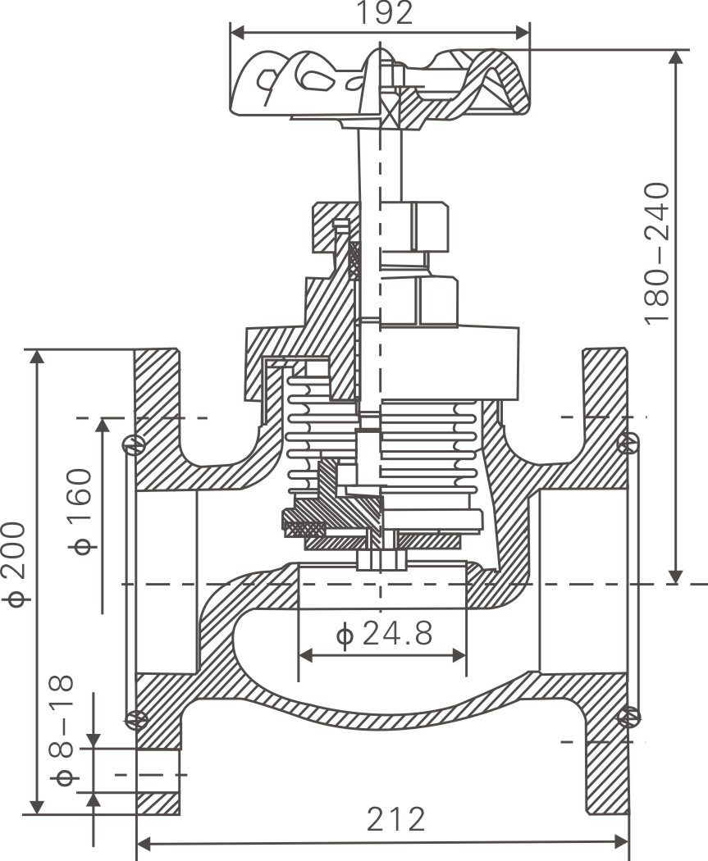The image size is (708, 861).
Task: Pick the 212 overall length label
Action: coord(396,819)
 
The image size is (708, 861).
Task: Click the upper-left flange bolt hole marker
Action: coord(132,444)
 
